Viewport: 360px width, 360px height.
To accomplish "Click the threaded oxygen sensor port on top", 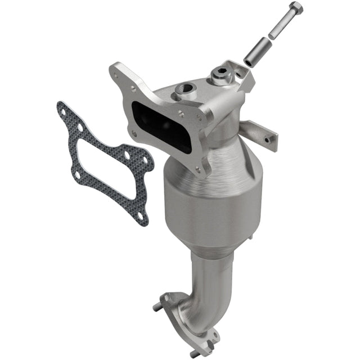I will pos(183,88).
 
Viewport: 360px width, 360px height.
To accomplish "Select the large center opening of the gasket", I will pos(107,163).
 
